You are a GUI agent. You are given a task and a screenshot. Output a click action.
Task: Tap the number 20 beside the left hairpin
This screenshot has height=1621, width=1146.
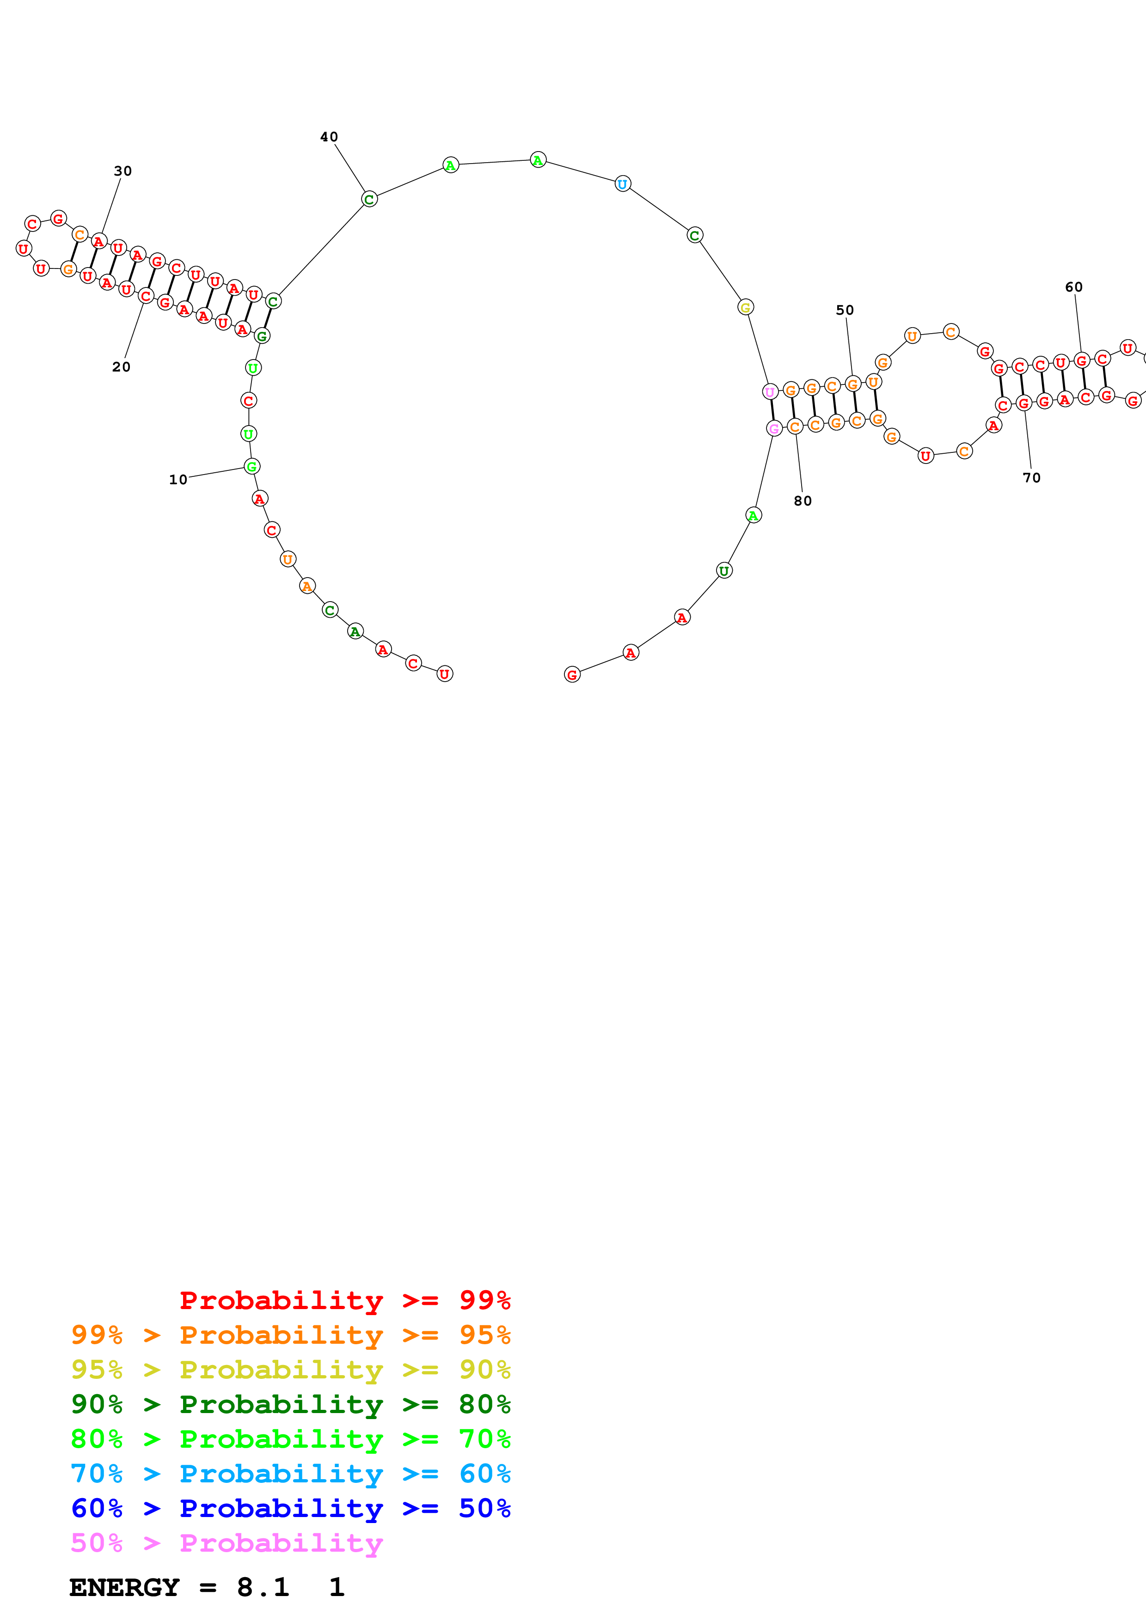(122, 367)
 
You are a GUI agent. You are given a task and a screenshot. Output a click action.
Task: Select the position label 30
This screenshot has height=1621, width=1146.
(123, 171)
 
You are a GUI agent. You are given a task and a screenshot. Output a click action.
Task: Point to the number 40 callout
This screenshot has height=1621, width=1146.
(329, 137)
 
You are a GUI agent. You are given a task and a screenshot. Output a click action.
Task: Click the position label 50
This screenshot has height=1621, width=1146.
(845, 310)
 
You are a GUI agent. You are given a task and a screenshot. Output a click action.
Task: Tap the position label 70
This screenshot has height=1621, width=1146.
(1032, 478)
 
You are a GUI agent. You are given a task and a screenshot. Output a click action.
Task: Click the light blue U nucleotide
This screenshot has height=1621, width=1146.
(622, 184)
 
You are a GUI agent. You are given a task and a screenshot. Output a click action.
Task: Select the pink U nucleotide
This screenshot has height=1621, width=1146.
(770, 391)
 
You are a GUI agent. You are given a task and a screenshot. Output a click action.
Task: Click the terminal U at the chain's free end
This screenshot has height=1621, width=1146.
(445, 674)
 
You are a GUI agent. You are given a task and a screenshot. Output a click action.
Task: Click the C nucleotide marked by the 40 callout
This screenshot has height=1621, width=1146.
(369, 199)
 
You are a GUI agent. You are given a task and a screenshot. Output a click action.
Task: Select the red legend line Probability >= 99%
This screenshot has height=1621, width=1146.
(344, 1300)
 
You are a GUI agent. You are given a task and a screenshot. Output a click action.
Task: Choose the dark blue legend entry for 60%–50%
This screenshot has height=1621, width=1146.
(290, 1508)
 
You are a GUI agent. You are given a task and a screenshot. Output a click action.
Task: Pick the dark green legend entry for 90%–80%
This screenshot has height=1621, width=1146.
(290, 1404)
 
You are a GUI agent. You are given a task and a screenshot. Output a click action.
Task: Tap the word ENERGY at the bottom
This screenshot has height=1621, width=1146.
(124, 1587)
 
